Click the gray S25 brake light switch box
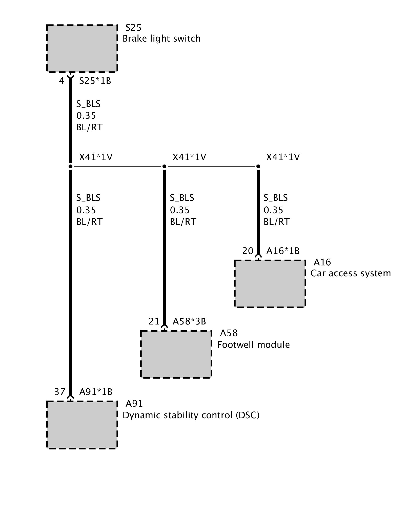pos(82,48)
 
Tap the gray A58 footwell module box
pos(176,354)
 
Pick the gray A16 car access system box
pos(270,284)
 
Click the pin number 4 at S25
pos(62,81)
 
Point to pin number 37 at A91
pos(60,392)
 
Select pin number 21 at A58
pos(154,321)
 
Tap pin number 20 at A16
pos(248,251)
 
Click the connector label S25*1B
pos(95,81)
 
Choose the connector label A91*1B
pos(96,392)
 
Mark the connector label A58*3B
pos(189,321)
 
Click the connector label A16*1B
pos(283,251)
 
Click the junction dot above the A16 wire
pos(258,166)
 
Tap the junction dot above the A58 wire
pos(164,166)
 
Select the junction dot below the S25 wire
pos(70,166)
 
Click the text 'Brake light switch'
pos(161,39)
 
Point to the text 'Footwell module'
pos(253,345)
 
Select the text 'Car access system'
pos(351,273)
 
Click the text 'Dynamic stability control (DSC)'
pos(191,415)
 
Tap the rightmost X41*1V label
pos(283,157)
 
